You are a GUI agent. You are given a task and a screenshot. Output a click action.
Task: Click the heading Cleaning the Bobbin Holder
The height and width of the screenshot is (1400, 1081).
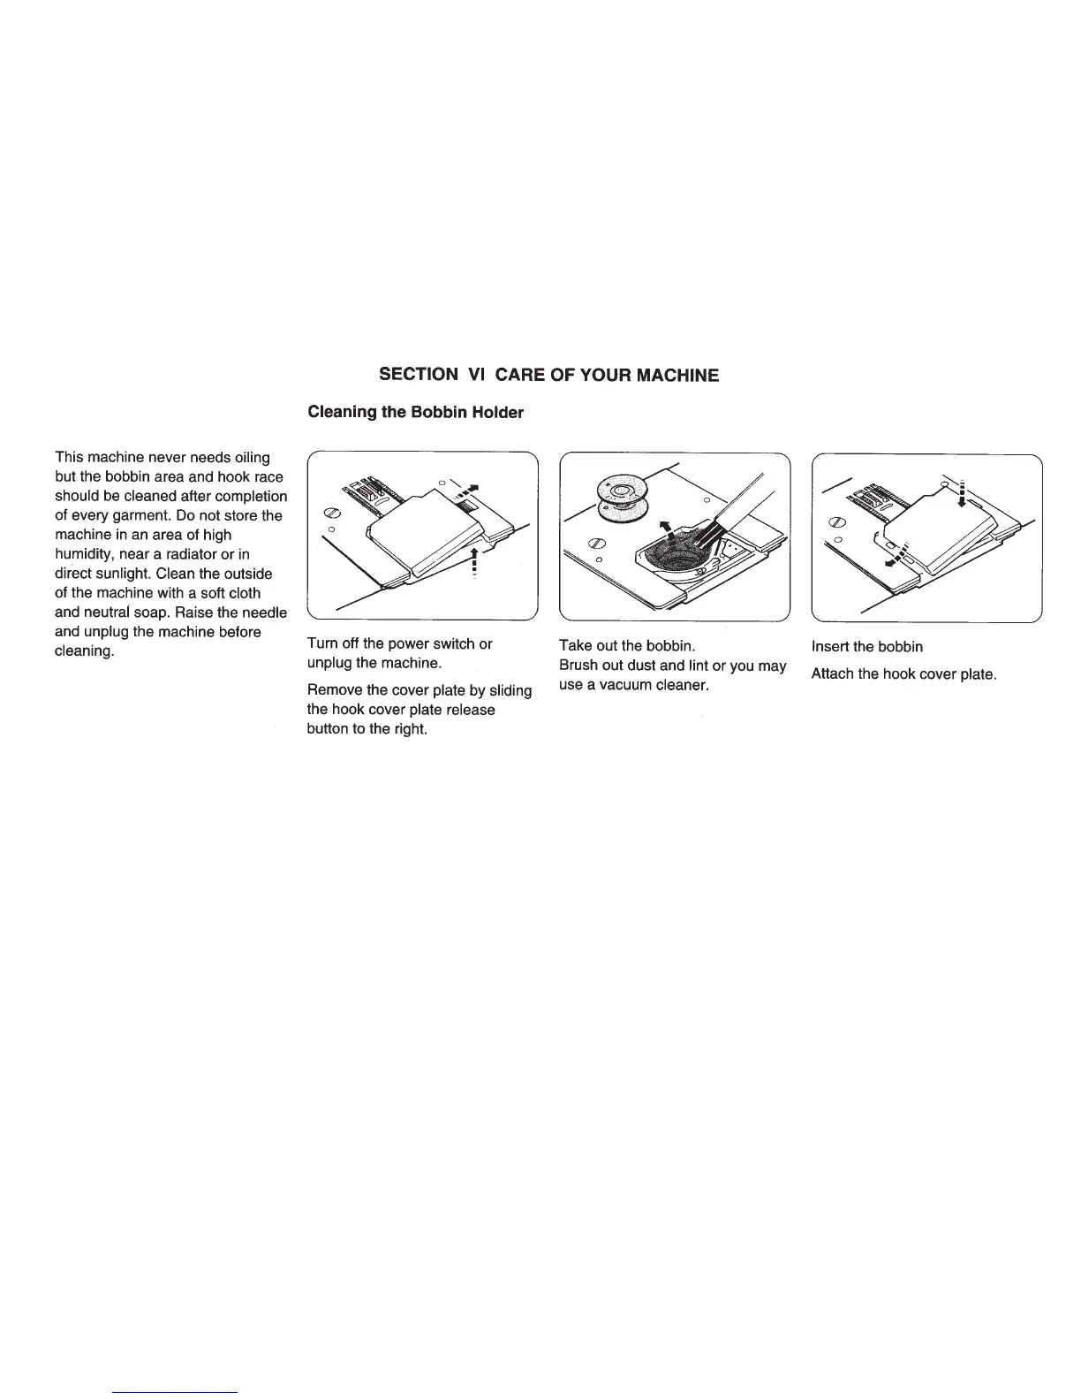point(414,413)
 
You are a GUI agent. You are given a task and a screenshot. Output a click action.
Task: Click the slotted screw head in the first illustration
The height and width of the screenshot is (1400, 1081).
point(334,512)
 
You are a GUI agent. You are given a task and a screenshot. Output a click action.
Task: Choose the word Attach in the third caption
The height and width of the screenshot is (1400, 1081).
point(833,674)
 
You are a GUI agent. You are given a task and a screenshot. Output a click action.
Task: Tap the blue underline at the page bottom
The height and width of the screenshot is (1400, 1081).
point(176,1391)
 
